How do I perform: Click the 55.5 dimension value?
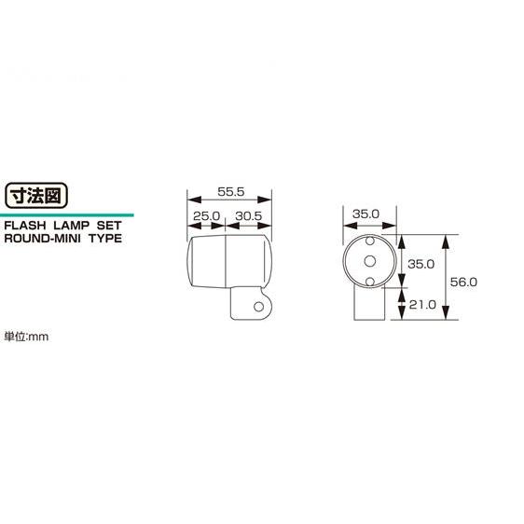[231, 192]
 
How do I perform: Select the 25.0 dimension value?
[207, 216]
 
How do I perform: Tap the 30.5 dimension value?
[249, 216]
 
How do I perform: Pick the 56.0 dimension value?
[463, 283]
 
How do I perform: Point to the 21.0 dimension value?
[422, 305]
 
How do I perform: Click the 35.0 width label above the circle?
[365, 214]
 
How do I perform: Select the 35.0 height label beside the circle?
[421, 264]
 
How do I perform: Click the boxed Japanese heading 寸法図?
[36, 196]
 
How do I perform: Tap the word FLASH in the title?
[25, 226]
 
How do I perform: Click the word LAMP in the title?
[72, 226]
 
